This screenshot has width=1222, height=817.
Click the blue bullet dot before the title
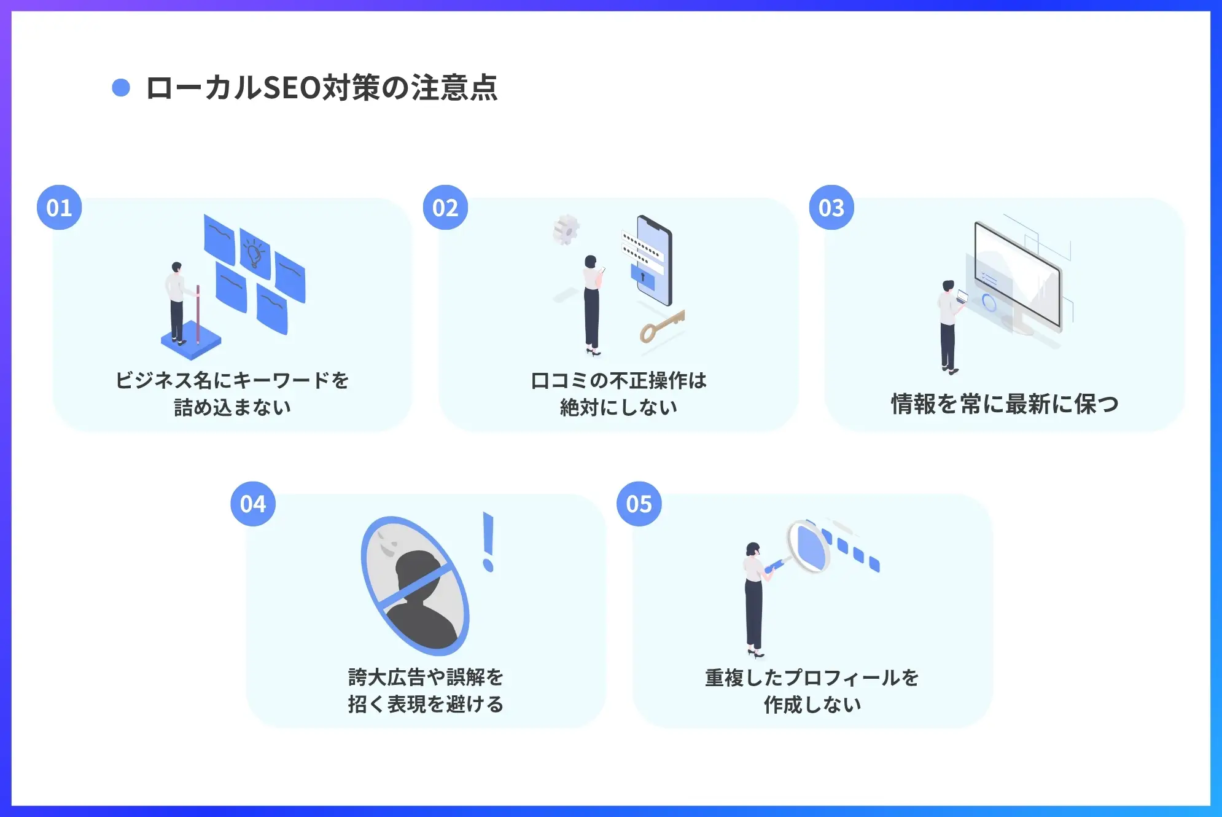pos(121,88)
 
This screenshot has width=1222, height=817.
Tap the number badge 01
pos(60,208)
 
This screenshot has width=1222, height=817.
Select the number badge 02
pos(445,208)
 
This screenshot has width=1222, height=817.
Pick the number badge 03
pos(831,208)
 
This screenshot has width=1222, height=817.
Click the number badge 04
pos(253,504)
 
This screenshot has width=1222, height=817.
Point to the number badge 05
pos(639,504)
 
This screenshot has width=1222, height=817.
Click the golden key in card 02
pos(662,326)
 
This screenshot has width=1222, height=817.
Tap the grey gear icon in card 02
pos(566,230)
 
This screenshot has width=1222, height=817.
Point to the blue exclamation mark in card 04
pos(489,542)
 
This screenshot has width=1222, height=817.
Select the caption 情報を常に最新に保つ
pos(1005,404)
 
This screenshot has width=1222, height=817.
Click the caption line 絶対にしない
pos(618,407)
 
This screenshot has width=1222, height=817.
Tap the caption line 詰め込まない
pos(233,407)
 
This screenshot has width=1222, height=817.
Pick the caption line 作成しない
pos(812,704)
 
